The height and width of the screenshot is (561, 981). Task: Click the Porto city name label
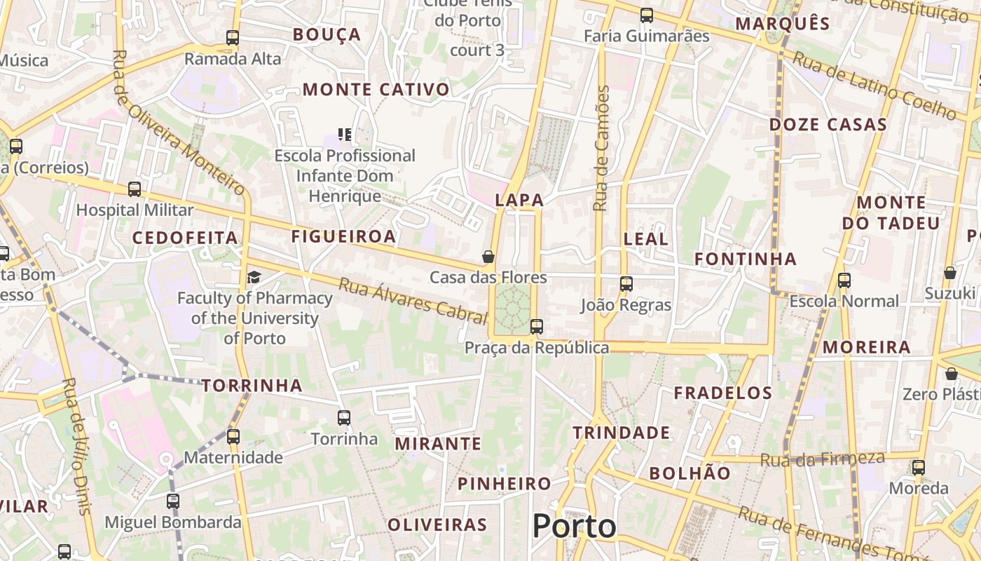click(574, 526)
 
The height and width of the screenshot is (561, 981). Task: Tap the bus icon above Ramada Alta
click(233, 38)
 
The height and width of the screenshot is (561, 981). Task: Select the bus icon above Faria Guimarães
click(647, 15)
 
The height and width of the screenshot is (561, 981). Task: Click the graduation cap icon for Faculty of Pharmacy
click(254, 277)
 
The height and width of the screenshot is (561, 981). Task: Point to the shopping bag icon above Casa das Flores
click(488, 257)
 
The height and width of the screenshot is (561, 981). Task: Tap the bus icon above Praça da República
click(537, 326)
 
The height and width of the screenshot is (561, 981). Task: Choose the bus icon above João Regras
click(626, 284)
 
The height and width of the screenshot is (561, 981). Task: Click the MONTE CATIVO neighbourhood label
click(376, 90)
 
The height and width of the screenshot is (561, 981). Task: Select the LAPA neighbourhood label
click(519, 200)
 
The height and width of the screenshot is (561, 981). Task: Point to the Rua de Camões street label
click(601, 148)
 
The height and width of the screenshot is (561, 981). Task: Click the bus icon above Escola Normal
click(844, 280)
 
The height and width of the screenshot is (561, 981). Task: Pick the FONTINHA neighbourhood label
click(746, 259)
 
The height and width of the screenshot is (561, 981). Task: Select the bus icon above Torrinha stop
click(344, 418)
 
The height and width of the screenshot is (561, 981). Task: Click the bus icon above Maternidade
click(233, 436)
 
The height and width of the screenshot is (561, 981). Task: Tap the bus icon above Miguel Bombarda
click(173, 501)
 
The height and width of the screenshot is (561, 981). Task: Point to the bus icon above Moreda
click(919, 467)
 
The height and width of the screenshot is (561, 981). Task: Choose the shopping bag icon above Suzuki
click(950, 272)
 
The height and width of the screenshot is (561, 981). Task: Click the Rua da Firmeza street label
click(822, 459)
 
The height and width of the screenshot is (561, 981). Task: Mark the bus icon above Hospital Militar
click(135, 189)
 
